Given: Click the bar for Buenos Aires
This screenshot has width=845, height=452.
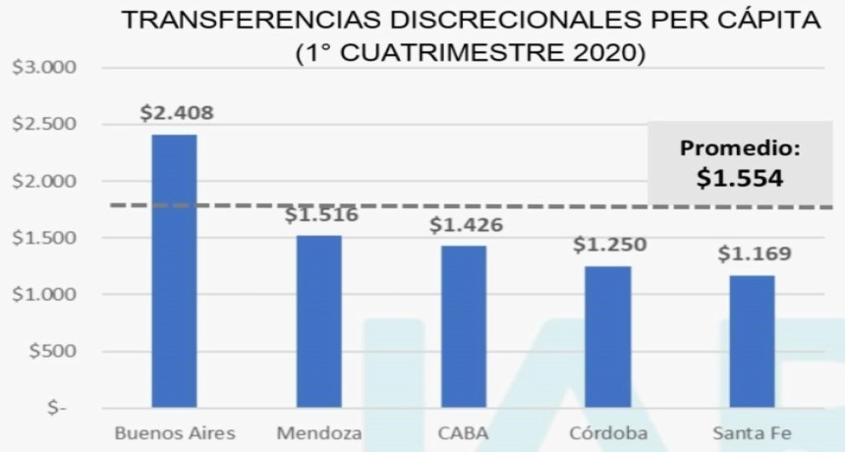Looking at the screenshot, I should pyautogui.click(x=174, y=270).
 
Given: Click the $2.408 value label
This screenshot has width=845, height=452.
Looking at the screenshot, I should pyautogui.click(x=177, y=112).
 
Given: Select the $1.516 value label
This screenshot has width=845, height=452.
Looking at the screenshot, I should pyautogui.click(x=321, y=215).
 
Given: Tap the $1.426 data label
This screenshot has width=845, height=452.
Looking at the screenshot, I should pyautogui.click(x=466, y=225).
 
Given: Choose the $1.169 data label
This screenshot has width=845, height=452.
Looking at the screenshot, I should pyautogui.click(x=755, y=254).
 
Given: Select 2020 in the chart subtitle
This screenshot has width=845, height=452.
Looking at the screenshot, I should pyautogui.click(x=600, y=51).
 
